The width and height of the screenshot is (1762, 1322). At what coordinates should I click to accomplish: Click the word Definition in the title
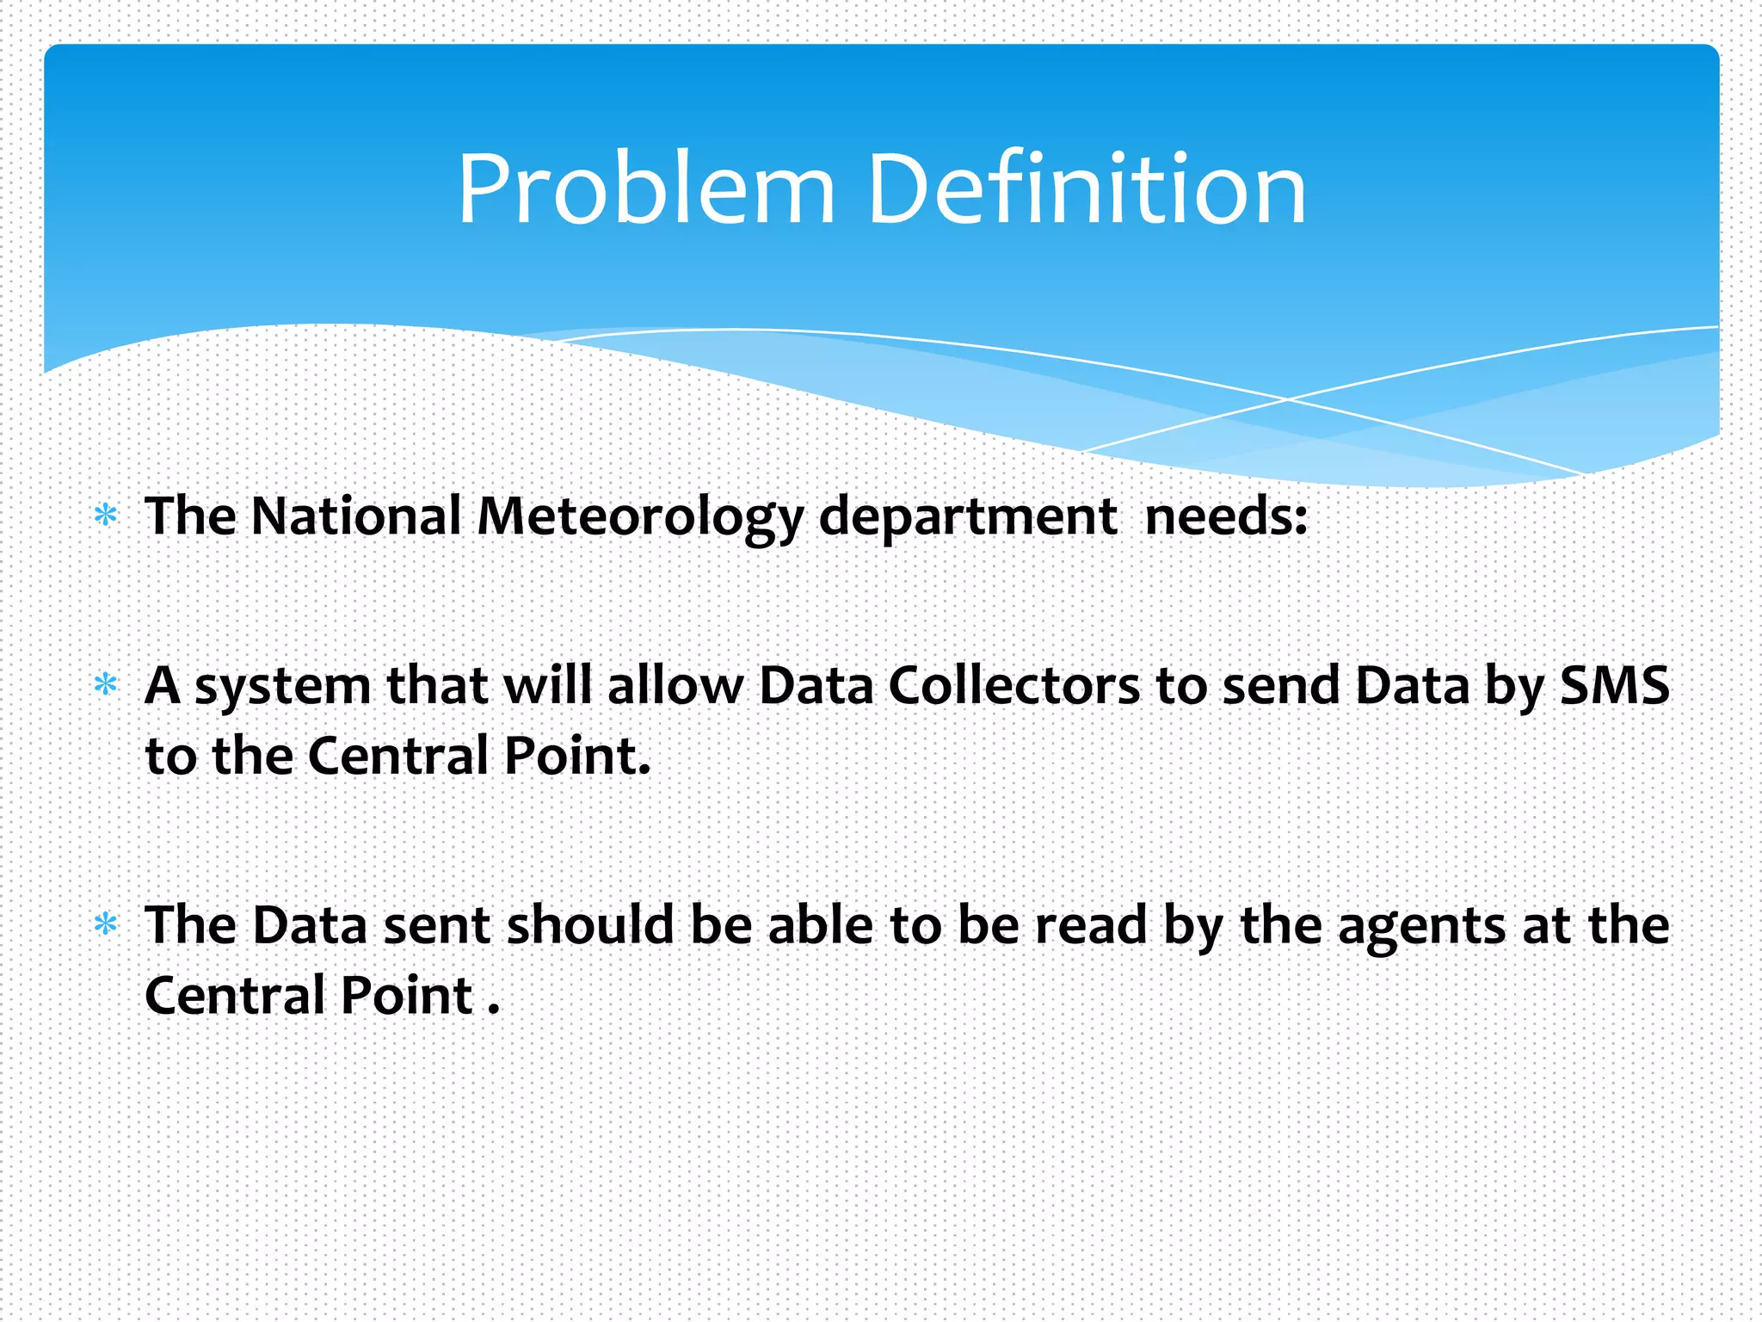point(1087,189)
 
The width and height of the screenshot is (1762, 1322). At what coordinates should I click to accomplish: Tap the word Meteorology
point(639,518)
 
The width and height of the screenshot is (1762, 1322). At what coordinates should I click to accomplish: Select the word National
point(356,516)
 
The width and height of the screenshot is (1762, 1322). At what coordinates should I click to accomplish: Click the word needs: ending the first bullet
point(1226,516)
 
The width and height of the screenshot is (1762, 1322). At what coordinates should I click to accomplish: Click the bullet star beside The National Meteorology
point(106,516)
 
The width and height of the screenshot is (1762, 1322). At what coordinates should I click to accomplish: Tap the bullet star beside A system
point(106,685)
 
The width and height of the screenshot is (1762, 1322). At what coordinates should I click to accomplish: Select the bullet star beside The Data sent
point(106,924)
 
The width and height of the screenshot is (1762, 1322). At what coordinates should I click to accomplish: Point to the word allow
point(675,686)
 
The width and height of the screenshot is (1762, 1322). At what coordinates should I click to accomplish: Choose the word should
point(590,925)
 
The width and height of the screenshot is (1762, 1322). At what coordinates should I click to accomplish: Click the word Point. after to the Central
point(576,756)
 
